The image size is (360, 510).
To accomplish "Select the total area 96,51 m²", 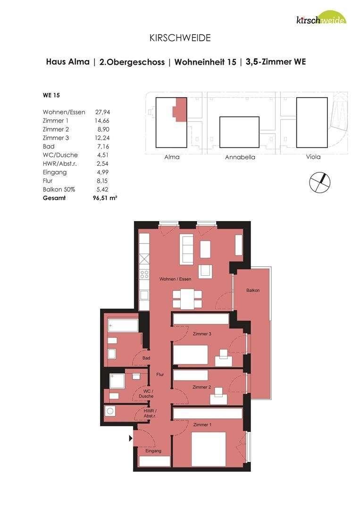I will pos(105,198).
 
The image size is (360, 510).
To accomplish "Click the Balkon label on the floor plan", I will pos(252,290).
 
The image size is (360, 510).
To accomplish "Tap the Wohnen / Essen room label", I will pos(175,280).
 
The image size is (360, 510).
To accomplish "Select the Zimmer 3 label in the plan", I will pos(202,334).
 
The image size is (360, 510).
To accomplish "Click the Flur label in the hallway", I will pos(160,374).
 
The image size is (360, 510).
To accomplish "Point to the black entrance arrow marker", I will pos(131,439).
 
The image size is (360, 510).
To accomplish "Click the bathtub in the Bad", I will pos(123,325).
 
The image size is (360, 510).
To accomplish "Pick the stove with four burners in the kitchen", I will pos(144,273).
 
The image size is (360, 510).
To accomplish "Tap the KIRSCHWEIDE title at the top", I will pos(180,38).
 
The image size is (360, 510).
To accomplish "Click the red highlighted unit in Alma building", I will pos(180,110).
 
